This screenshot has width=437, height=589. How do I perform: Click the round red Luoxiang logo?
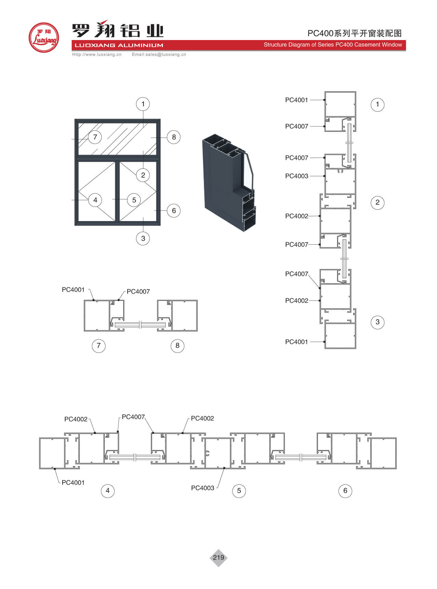coord(43,38)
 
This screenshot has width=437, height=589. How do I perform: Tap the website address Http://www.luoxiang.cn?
coord(97,54)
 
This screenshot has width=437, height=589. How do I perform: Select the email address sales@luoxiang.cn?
coord(159,54)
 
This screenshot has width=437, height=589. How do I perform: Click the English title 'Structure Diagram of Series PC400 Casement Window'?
coord(333,45)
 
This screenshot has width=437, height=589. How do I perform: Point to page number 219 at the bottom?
coord(218,558)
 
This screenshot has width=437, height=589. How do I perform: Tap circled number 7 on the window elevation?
coord(95,137)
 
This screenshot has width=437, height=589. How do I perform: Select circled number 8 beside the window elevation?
coord(174,137)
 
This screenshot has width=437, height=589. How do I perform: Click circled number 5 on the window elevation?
coord(134,200)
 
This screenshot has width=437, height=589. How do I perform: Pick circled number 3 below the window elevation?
coord(143,239)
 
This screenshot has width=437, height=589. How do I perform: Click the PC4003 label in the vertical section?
coord(297,176)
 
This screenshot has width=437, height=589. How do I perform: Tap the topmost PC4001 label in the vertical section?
coord(297,100)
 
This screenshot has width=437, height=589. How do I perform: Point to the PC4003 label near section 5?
coord(203,488)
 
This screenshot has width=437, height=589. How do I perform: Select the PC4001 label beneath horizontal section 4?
coord(73,483)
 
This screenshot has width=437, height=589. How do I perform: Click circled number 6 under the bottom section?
coord(345,491)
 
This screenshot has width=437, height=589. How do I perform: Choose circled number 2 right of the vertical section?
coord(377,202)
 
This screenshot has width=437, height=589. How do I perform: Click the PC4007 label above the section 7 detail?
coord(138,292)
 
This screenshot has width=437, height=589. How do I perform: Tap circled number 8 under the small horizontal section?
coord(177,346)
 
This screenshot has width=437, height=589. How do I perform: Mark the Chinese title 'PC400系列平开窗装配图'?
coord(355,33)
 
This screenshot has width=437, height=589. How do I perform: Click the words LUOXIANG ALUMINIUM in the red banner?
coord(119,45)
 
